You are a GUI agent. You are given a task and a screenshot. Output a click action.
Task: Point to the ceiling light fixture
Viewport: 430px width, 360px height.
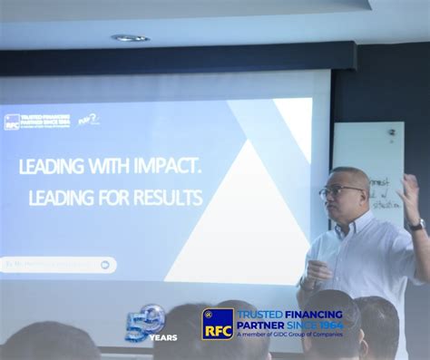coord(131,38)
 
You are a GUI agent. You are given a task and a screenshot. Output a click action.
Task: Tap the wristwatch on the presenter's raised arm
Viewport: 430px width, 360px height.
coord(416,224)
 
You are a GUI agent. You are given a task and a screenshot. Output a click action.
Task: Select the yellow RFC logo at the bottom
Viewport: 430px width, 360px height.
coord(218,324)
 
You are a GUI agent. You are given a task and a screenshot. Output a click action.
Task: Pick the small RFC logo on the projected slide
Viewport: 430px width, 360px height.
coord(13,122)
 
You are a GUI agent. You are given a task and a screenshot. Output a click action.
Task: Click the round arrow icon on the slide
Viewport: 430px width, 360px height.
coord(104,265)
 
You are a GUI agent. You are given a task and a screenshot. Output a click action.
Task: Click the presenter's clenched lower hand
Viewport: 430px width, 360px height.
coord(317,270)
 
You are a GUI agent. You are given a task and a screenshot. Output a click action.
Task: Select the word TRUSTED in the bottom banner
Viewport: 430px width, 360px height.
coord(256,313)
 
